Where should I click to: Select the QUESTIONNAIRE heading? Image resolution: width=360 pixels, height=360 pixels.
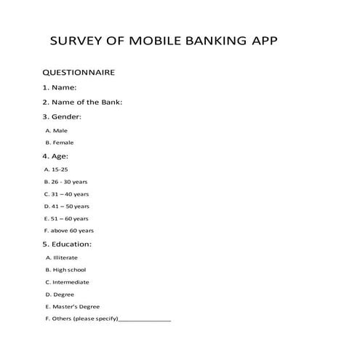79,73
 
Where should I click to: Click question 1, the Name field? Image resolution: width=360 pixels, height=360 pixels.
65,88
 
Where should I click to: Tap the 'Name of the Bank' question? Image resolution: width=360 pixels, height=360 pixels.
82,102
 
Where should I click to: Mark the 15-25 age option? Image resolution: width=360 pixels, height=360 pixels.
56,169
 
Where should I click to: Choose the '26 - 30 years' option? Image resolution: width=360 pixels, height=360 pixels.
66,181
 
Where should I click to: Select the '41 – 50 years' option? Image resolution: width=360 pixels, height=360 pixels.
67,206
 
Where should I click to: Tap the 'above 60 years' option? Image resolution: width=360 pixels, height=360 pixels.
68,231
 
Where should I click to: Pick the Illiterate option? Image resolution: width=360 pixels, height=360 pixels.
61,257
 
